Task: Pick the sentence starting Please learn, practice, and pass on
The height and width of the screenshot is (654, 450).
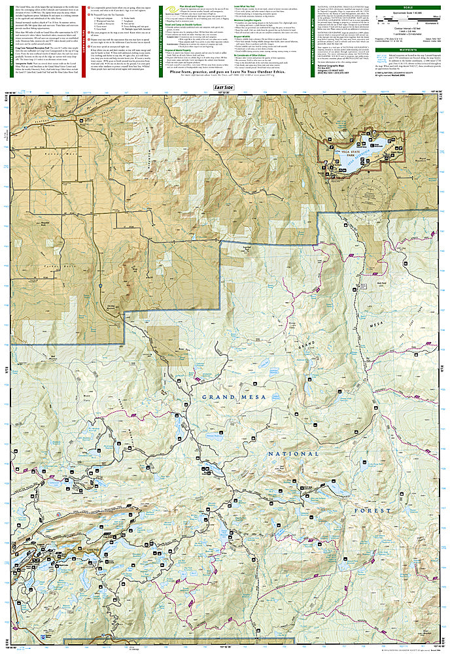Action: pos(222,80)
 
